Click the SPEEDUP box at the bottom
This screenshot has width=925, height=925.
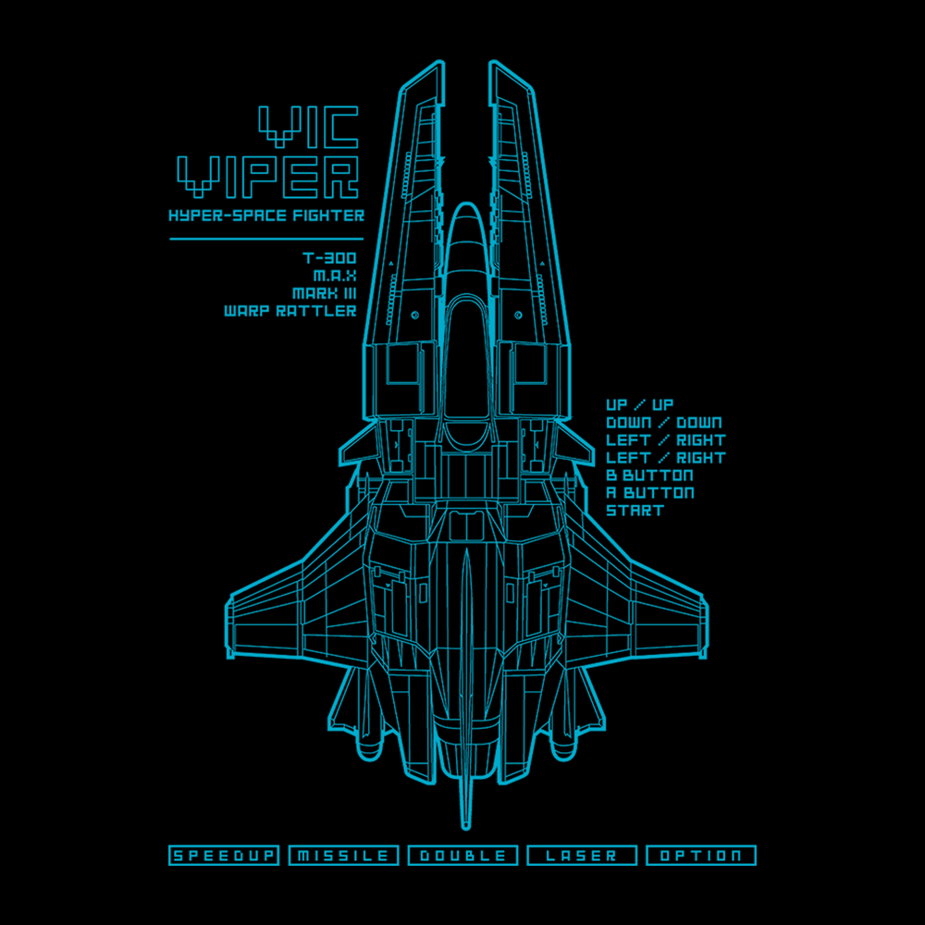pyautogui.click(x=224, y=856)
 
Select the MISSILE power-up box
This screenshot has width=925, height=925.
pyautogui.click(x=343, y=856)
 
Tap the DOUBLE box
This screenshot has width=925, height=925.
pyautogui.click(x=462, y=856)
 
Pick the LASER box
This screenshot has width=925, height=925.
pyautogui.click(x=582, y=856)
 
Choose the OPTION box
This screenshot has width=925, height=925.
pyautogui.click(x=701, y=856)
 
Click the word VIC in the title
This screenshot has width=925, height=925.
pyautogui.click(x=309, y=127)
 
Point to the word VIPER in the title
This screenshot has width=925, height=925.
pyautogui.click(x=268, y=177)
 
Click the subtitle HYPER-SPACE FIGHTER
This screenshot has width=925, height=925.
pyautogui.click(x=266, y=216)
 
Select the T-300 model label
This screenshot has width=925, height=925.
pyautogui.click(x=330, y=258)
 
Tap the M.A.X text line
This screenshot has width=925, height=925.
pyautogui.click(x=335, y=276)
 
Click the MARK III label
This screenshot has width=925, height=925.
pyautogui.click(x=325, y=293)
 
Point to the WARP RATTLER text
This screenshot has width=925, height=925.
pyautogui.click(x=290, y=311)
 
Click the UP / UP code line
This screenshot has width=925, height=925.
pyautogui.click(x=640, y=405)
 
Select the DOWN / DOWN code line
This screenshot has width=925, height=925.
pyautogui.click(x=664, y=423)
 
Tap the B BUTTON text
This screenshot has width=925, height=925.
pyautogui.click(x=650, y=475)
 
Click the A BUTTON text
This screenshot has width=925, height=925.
pyautogui.click(x=650, y=493)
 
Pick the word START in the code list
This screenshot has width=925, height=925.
pyautogui.click(x=635, y=511)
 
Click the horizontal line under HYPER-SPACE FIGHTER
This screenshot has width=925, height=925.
pyautogui.click(x=266, y=239)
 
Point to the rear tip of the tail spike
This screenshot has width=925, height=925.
pyautogui.click(x=466, y=828)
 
